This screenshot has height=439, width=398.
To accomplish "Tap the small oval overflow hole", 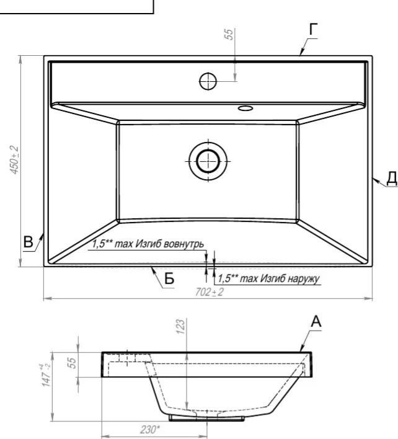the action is click(245, 108).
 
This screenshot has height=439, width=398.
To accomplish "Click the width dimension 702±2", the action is click(210, 292).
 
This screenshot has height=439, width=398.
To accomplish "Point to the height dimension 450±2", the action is click(14, 160).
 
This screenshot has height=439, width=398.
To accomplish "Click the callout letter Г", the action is click(314, 29).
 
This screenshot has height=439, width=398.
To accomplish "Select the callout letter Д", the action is click(392, 178).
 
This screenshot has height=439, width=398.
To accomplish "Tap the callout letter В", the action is click(28, 242).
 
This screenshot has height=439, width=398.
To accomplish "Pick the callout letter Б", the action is click(169, 278).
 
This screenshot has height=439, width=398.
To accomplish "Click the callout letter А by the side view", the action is click(316, 322).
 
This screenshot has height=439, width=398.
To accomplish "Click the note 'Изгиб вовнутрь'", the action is click(170, 244).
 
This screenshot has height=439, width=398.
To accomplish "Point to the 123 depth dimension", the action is click(181, 326).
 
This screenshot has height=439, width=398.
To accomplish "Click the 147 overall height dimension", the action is click(46, 375).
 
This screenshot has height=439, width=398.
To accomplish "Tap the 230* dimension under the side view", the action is click(150, 429).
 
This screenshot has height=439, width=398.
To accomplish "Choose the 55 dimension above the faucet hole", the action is click(229, 34).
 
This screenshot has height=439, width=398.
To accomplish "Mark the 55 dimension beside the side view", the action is click(72, 363).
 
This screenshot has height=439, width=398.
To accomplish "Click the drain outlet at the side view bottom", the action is click(206, 418).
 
